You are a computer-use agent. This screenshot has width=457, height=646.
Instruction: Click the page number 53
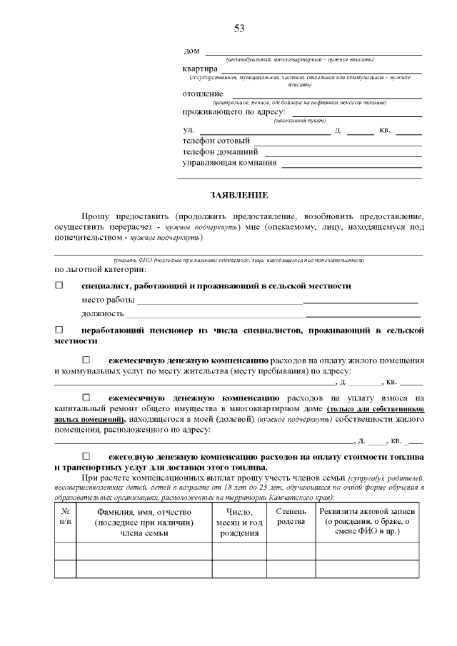pyautogui.click(x=239, y=29)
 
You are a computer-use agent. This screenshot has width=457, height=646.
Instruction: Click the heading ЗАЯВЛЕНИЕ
pyautogui.click(x=238, y=195)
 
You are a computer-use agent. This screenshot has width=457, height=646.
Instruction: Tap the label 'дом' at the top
pyautogui.click(x=191, y=51)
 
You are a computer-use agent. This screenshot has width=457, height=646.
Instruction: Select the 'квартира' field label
pyautogui.click(x=200, y=69)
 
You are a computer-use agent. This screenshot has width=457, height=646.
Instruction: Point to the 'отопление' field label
pyautogui.click(x=203, y=94)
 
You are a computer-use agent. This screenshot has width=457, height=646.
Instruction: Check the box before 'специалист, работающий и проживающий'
pyautogui.click(x=59, y=286)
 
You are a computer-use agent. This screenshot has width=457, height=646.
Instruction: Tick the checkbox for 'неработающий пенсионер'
pyautogui.click(x=59, y=330)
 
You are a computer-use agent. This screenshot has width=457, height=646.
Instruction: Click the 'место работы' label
pyautogui.click(x=108, y=300)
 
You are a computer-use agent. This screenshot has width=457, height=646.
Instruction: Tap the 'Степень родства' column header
pyautogui.click(x=291, y=518)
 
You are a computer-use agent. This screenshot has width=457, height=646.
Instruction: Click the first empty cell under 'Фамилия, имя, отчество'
pyautogui.click(x=144, y=551)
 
